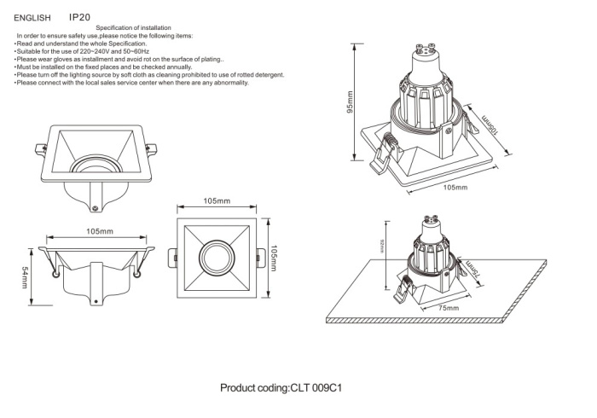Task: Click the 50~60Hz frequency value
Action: (x=134, y=52)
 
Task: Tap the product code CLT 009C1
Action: (x=316, y=387)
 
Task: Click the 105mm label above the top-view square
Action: (x=217, y=201)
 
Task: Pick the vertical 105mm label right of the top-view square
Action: (x=274, y=258)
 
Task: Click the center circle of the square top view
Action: (x=217, y=258)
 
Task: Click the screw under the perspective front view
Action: (x=96, y=204)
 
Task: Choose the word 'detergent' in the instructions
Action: (x=267, y=75)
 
